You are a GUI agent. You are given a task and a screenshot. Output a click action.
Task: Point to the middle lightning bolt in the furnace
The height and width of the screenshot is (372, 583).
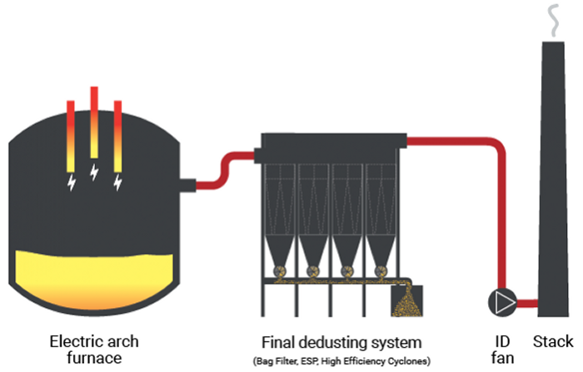pyautogui.click(x=94, y=173)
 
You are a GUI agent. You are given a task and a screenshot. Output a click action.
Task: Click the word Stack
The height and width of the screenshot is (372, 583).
pyautogui.click(x=554, y=341)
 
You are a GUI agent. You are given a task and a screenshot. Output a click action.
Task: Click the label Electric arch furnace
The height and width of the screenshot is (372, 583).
pyautogui.click(x=94, y=350)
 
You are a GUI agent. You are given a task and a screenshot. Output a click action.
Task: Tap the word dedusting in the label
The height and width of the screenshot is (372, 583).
pyautogui.click(x=341, y=342)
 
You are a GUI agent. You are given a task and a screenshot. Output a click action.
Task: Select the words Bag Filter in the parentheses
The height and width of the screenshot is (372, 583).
pyautogui.click(x=274, y=360)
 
